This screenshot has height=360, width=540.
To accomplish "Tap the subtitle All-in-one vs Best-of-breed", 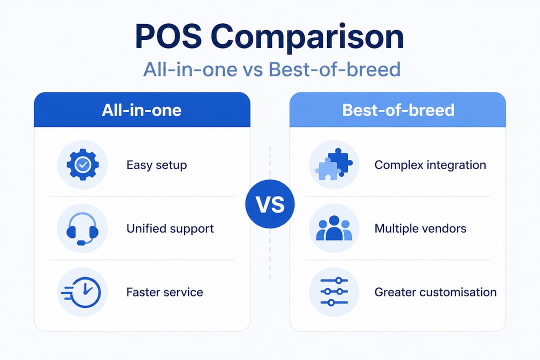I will (271, 69).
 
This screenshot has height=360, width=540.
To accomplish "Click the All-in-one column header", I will (141, 110).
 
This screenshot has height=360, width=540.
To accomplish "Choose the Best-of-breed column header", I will (398, 110).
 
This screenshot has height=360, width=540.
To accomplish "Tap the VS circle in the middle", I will (270, 204).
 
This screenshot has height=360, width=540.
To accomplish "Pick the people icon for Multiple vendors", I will (334, 228).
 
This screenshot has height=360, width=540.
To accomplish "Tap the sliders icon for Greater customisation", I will (333, 292).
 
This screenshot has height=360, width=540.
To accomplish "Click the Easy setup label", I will (156, 165).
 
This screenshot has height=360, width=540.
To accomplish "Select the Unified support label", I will (170, 228).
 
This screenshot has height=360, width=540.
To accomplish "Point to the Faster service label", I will (164, 292).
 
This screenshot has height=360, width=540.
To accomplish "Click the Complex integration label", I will (430, 165).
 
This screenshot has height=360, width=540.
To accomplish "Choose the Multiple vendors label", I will (420, 228).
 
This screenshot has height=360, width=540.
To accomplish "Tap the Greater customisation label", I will (435, 292).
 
